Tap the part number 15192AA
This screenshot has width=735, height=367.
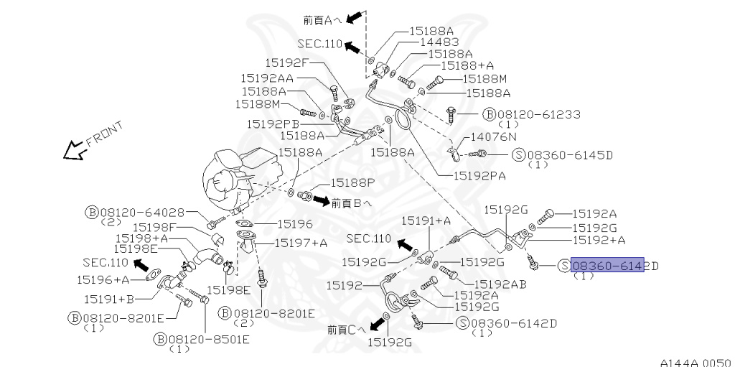pyautogui.click(x=266, y=78)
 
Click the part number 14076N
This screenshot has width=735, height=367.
pyautogui.click(x=494, y=136)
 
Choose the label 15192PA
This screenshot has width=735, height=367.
pyautogui.click(x=479, y=174)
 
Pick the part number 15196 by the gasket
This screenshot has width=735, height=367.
pyautogui.click(x=294, y=224)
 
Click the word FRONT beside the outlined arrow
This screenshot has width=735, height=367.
pyautogui.click(x=104, y=134)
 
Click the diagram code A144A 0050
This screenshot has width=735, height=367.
pyautogui.click(x=696, y=362)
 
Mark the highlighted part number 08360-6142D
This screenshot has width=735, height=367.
pyautogui.click(x=607, y=265)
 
